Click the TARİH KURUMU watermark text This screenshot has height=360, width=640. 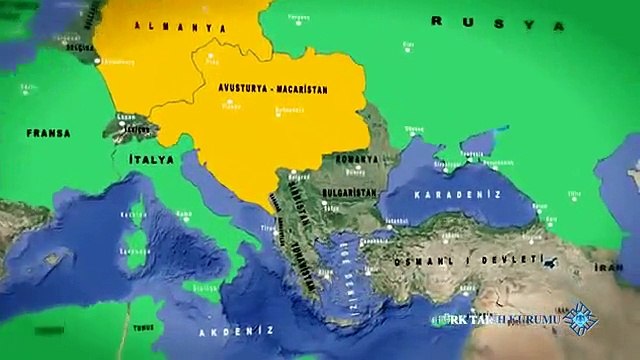point(496,320)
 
